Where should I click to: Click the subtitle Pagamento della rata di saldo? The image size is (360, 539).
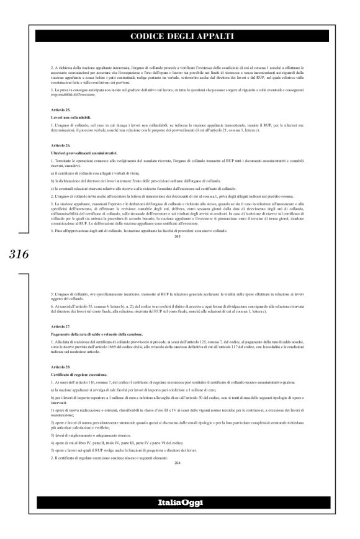click(93, 334)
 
